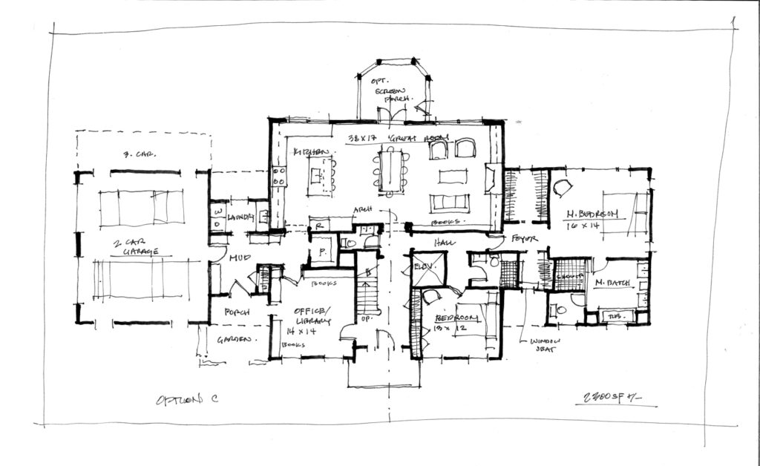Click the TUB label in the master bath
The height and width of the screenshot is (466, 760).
click(x=617, y=316)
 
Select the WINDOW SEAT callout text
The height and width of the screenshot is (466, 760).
click(x=546, y=346)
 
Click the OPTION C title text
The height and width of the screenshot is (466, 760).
click(x=186, y=399)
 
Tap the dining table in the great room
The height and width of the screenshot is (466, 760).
click(x=389, y=171)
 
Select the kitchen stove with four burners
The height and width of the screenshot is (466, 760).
click(x=280, y=176)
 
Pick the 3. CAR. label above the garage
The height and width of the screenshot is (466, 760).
click(x=137, y=155)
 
